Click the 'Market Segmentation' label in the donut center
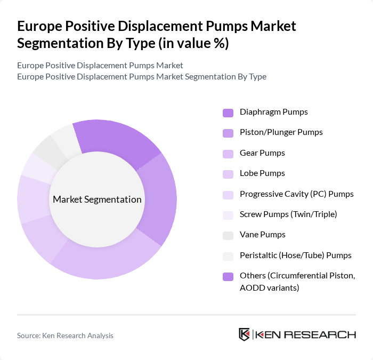click(97, 199)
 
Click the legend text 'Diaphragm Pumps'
click(273, 112)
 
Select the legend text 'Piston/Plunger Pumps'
click(281, 132)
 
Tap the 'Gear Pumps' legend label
click(262, 153)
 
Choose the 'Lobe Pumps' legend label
click(262, 173)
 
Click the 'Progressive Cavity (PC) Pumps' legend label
click(296, 194)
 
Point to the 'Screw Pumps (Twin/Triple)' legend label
click(288, 214)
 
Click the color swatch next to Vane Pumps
click(228, 235)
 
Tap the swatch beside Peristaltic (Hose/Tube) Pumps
click(228, 255)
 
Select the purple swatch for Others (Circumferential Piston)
click(228, 276)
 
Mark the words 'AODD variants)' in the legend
click(269, 288)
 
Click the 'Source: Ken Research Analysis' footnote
click(65, 335)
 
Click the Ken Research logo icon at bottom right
click(245, 334)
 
